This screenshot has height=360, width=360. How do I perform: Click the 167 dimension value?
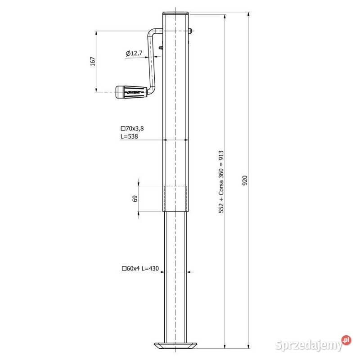tap(93, 61)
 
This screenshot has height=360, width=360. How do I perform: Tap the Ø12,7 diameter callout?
tap(134, 53)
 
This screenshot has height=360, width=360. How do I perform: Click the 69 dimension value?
tap(135, 198)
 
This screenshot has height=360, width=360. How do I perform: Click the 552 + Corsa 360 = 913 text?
tap(221, 180)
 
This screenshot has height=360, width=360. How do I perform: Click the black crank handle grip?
tap(130, 92)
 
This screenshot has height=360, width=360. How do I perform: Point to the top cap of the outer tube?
tap(176, 13)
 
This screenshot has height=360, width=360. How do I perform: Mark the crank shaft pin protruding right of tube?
tap(192, 31)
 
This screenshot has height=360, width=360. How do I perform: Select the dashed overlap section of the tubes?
tap(176, 198)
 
